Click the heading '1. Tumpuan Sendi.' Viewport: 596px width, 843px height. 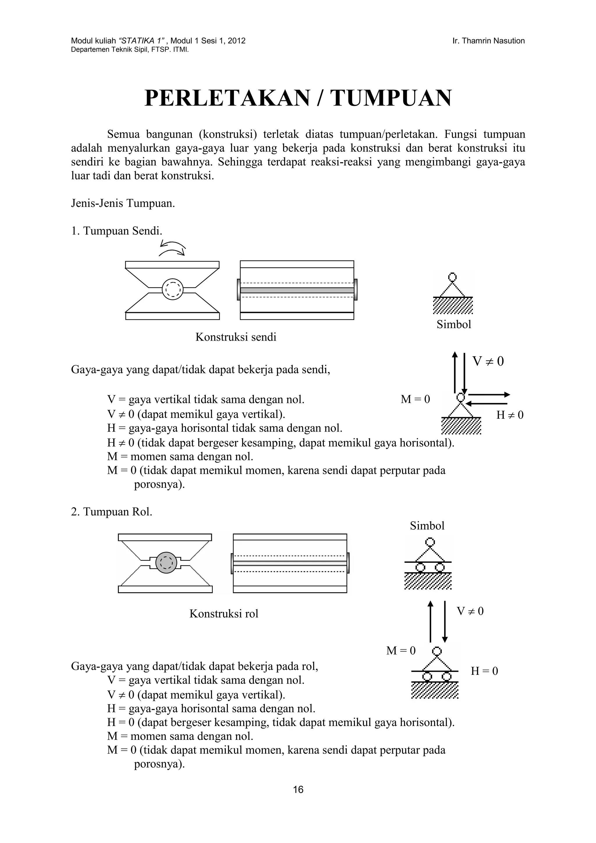pyautogui.click(x=116, y=231)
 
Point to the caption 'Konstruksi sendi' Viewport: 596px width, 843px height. pyautogui.click(x=236, y=337)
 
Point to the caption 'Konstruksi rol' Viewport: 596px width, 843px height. pyautogui.click(x=223, y=613)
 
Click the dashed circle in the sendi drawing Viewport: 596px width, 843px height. pyautogui.click(x=172, y=289)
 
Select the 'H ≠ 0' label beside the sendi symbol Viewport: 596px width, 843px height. pyautogui.click(x=510, y=415)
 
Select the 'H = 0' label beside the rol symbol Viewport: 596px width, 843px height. pyautogui.click(x=484, y=671)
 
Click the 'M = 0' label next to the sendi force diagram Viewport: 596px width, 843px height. pyautogui.click(x=415, y=399)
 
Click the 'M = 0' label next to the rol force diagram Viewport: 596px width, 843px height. pyautogui.click(x=401, y=651)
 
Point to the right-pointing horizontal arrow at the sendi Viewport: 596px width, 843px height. pyautogui.click(x=489, y=395)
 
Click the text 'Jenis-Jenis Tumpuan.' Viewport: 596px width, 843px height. pyautogui.click(x=123, y=203)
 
